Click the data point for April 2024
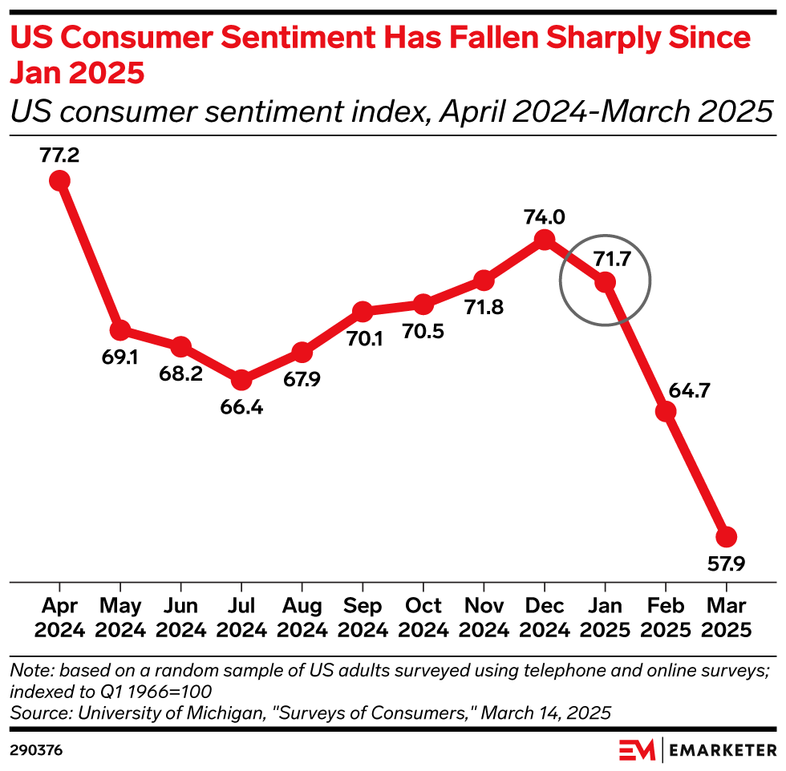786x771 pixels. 59,180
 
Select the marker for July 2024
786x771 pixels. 241,380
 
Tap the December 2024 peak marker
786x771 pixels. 545,240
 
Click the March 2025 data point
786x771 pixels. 727,536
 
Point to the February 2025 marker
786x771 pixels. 666,412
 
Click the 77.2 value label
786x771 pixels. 59,155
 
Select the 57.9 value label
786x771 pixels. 726,564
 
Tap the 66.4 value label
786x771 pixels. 241,406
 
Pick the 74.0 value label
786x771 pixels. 545,216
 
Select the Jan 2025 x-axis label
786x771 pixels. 605,618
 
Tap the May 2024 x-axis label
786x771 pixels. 120,618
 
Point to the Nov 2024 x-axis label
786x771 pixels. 484,618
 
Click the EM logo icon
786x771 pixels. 638,750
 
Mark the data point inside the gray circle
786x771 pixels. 605,282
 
